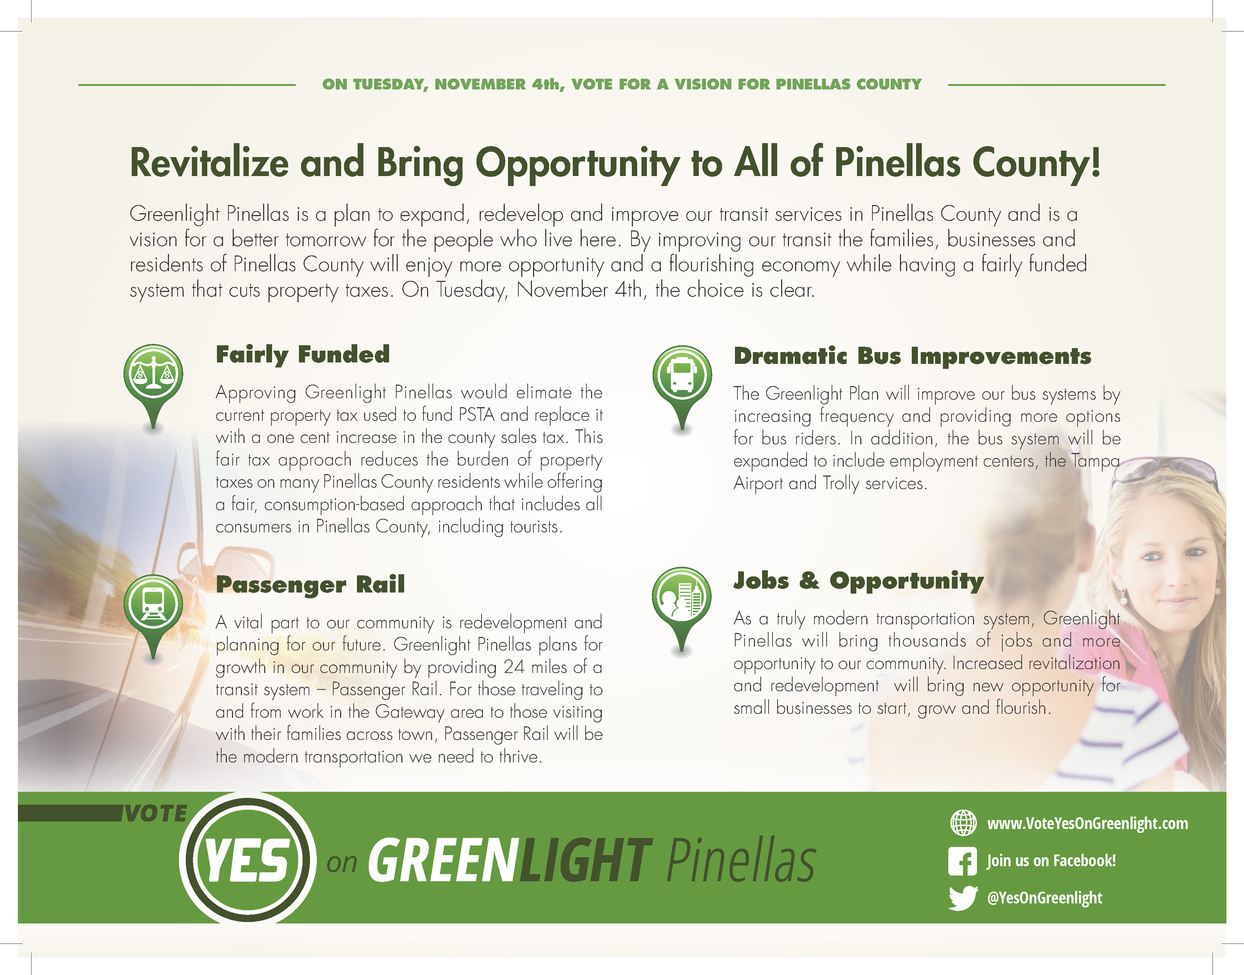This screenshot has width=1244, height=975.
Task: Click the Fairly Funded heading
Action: pos(303,355)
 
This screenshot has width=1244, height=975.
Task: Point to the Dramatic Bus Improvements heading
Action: pos(912,356)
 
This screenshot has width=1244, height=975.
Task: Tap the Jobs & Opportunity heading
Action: pos(858,581)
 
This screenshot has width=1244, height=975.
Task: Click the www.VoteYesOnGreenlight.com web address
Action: pos(1088,824)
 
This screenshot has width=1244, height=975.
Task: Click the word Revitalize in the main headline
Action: pos(210,163)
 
